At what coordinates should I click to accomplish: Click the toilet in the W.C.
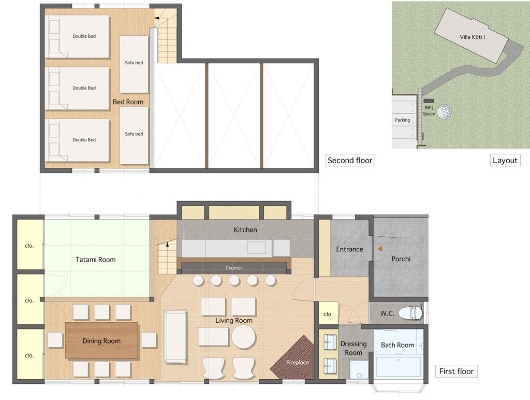coord(410,313)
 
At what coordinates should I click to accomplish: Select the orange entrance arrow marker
coord(380,249)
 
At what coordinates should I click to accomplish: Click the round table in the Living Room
coord(244,337)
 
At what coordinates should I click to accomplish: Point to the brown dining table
coord(102,340)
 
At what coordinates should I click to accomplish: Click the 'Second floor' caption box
coord(350,161)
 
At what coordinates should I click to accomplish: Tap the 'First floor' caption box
coord(457,371)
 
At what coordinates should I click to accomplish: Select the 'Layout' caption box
coord(505,161)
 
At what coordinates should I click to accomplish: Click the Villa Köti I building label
coord(472,37)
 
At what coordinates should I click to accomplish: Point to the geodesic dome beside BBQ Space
coord(444,112)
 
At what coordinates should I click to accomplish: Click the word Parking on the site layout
coord(402,120)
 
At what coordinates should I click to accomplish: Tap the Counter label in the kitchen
coord(234,268)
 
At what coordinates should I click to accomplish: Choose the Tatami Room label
coord(95,260)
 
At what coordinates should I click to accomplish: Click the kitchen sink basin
coord(257,248)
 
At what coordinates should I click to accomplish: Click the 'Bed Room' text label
coord(128,102)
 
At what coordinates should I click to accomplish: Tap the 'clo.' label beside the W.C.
coord(328,314)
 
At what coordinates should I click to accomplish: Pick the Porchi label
coord(401,259)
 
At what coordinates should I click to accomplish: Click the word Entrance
coord(349,249)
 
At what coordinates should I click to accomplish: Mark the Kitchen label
coord(245,230)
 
